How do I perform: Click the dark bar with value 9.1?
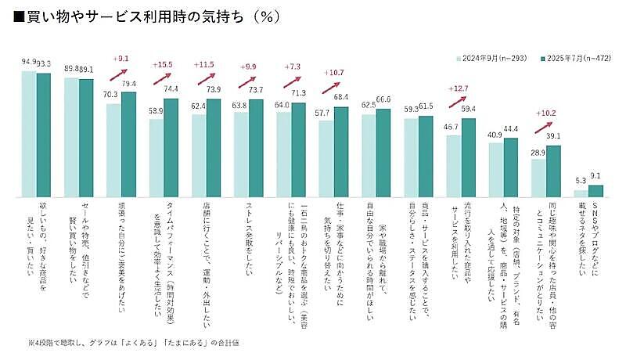click(595, 190)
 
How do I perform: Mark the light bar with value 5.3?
click(580, 193)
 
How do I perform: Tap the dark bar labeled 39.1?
click(553, 170)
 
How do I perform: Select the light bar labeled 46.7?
click(453, 165)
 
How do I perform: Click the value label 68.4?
click(341, 97)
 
